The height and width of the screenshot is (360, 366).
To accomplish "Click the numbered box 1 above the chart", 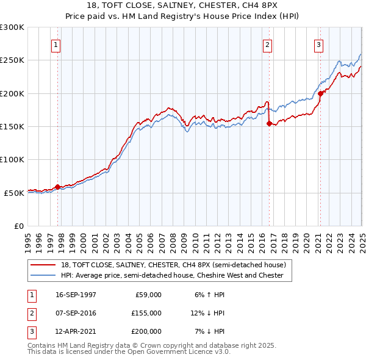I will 56,44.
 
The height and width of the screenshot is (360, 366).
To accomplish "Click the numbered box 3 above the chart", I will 318,44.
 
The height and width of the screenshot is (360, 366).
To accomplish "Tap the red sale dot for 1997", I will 58,187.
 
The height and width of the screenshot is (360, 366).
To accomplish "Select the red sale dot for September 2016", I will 269,123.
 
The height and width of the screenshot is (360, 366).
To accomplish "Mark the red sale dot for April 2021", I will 320,93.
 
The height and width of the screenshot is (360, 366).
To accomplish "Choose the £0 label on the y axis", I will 18,226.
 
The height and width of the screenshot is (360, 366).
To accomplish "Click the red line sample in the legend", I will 44,265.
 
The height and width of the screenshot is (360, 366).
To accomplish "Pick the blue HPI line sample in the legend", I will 44,275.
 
